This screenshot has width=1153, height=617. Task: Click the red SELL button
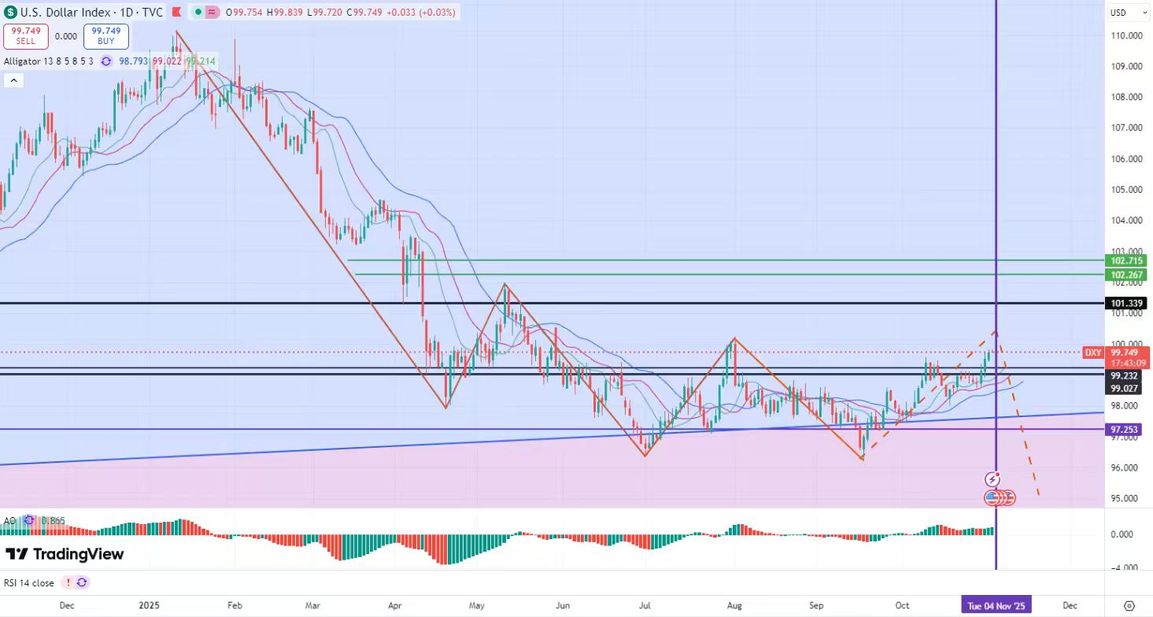tap(26, 36)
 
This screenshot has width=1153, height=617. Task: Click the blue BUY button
tap(106, 36)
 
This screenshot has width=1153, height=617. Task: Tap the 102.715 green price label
tap(1126, 260)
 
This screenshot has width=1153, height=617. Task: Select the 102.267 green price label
tap(1126, 275)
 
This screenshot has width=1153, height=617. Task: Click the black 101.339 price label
tap(1126, 303)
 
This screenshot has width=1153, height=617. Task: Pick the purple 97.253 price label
tap(1126, 430)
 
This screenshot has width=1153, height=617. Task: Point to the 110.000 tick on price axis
tap(1126, 35)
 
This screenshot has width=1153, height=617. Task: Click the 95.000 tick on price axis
tap(1126, 498)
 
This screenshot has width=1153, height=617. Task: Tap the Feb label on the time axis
tap(234, 605)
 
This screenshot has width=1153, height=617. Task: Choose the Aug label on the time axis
tap(734, 605)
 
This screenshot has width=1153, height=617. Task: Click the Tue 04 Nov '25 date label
tap(996, 605)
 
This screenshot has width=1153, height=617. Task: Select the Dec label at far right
tap(1070, 605)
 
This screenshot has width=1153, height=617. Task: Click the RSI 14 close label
tap(30, 583)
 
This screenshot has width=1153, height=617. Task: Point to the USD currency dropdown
tap(1121, 13)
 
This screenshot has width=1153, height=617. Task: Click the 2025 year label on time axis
tap(149, 605)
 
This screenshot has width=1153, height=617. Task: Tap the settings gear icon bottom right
tap(1129, 605)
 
